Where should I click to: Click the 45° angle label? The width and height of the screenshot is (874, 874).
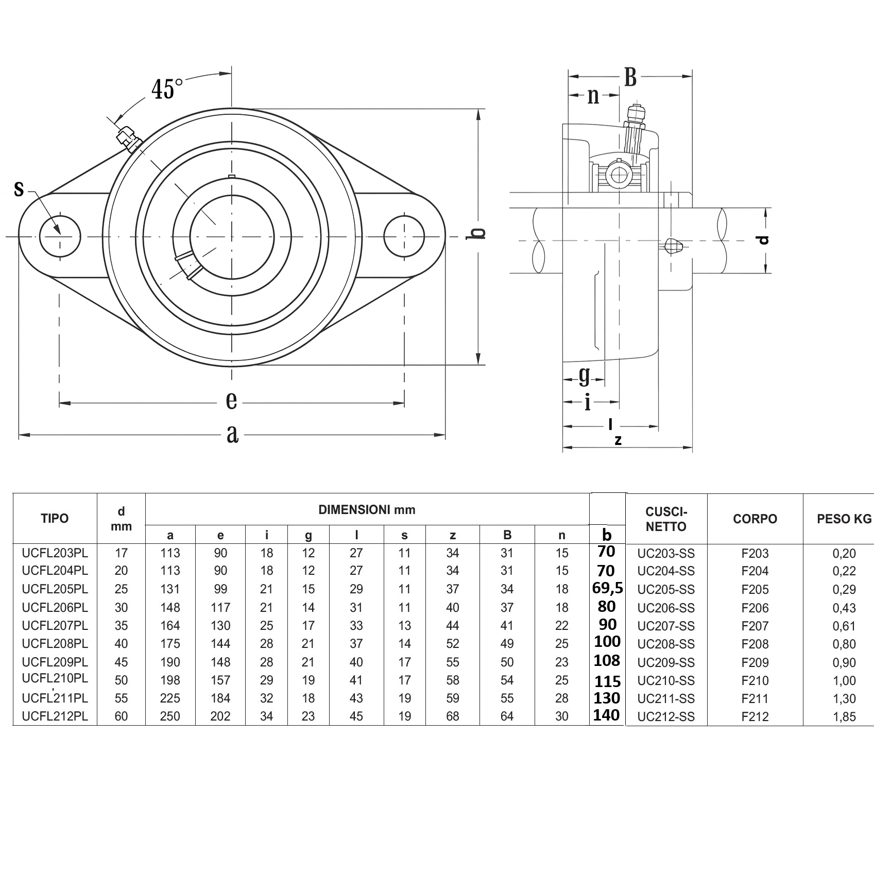[x=167, y=89]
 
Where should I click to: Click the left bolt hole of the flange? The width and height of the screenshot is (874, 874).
[x=60, y=236]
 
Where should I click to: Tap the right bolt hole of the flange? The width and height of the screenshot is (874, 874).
[x=404, y=236]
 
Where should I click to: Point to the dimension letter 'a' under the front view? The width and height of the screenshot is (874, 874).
[x=232, y=434]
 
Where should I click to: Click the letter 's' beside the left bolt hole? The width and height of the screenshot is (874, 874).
[x=19, y=189]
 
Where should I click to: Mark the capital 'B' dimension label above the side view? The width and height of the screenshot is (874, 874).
[x=630, y=78]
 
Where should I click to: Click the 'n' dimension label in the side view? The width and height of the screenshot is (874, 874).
[x=593, y=96]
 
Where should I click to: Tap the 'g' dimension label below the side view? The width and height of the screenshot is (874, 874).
[x=584, y=376]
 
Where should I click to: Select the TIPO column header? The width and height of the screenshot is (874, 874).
[x=55, y=518]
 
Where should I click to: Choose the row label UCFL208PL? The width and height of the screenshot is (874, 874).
[x=55, y=644]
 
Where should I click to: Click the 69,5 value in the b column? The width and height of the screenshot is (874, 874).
[x=607, y=588]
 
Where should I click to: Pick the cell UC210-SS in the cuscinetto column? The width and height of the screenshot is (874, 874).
[x=666, y=680]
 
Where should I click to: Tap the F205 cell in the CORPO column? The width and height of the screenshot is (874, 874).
[x=755, y=589]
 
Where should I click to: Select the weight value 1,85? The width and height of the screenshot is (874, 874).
[x=844, y=716]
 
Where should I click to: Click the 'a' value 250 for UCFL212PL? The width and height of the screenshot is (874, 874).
[x=170, y=716]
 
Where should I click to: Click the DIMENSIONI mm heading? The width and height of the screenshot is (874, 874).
[x=367, y=510]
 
